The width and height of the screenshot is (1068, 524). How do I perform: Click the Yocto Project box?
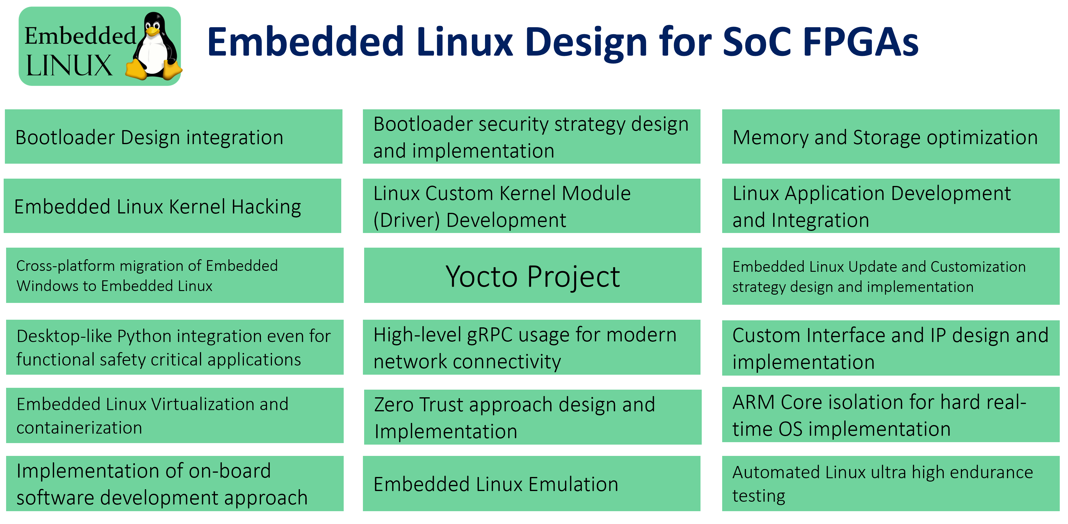[x=533, y=275]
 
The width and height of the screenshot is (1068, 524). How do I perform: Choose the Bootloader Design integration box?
[x=174, y=136]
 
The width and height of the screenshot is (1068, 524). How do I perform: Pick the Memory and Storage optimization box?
[x=891, y=136]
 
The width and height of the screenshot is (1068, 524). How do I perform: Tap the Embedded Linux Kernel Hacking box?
[x=172, y=206]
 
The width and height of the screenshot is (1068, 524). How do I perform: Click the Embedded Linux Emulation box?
[x=531, y=483]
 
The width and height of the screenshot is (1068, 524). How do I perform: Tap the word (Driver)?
[x=407, y=220]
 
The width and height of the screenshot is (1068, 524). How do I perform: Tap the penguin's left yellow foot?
[x=137, y=69]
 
